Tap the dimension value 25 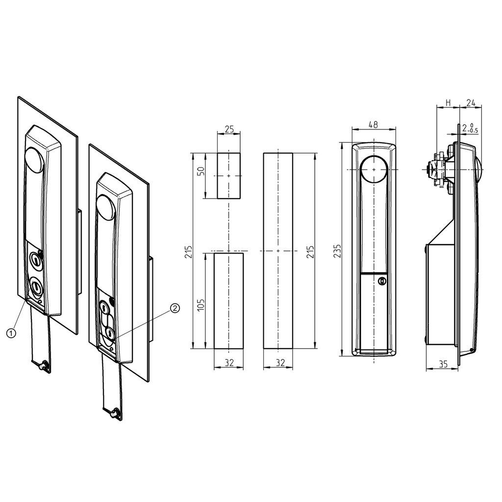[x=229, y=129]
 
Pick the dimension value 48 [x=373, y=125]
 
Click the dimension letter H [x=448, y=102]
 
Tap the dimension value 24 [x=471, y=102]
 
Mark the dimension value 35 [x=443, y=364]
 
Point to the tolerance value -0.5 [x=474, y=131]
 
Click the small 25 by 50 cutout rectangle [x=229, y=176]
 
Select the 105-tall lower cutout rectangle [x=229, y=301]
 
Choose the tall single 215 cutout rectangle [x=278, y=251]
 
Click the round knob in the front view [x=374, y=169]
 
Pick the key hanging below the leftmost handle [x=43, y=365]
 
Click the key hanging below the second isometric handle [x=114, y=413]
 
